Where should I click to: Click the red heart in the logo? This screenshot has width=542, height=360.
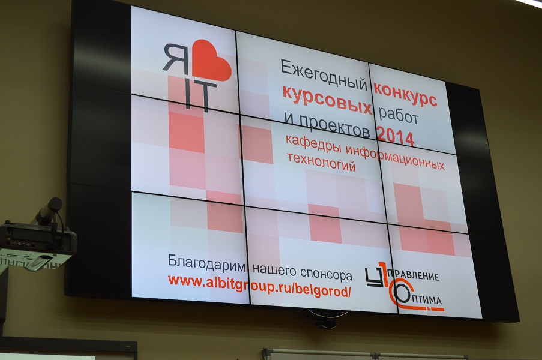point(211,61)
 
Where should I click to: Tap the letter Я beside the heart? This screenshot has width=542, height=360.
point(176,59)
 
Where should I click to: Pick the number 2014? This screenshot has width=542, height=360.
point(396,136)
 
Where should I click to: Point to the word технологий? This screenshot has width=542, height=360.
point(322,162)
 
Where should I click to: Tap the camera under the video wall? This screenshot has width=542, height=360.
point(324,318)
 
